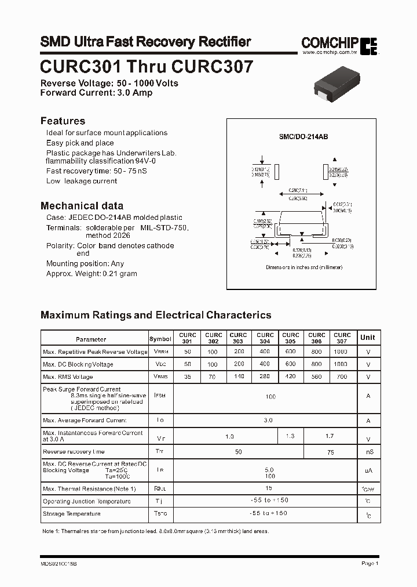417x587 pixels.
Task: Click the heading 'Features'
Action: click(x=63, y=121)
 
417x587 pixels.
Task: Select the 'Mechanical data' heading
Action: click(x=82, y=205)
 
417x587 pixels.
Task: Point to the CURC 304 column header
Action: click(x=265, y=338)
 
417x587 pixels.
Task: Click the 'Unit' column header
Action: click(x=368, y=338)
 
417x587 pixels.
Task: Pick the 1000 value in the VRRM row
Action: click(x=341, y=352)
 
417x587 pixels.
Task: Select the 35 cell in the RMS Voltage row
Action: click(x=188, y=376)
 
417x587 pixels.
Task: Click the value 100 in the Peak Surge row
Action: click(x=270, y=397)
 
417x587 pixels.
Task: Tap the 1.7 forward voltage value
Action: click(x=329, y=436)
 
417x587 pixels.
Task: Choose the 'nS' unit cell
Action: click(x=368, y=452)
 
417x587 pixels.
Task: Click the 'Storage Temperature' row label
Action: click(x=72, y=514)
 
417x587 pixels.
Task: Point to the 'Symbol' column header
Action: click(x=160, y=339)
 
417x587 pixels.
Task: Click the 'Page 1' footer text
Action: click(x=370, y=563)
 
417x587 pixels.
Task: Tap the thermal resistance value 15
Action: click(x=268, y=488)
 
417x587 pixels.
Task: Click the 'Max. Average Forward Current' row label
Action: click(x=85, y=420)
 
